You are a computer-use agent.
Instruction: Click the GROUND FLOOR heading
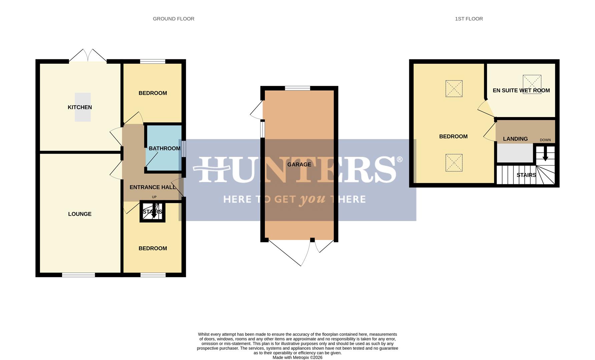pyautogui.click(x=173, y=19)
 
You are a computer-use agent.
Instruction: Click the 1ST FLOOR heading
pyautogui.click(x=469, y=19)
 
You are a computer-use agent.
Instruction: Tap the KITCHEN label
pyautogui.click(x=80, y=107)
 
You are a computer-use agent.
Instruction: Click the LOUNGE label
pyautogui.click(x=80, y=214)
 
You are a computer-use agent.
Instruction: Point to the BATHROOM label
pyautogui.click(x=164, y=149)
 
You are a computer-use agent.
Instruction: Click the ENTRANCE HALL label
pyautogui.click(x=152, y=187)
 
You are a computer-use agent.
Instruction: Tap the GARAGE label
pyautogui.click(x=299, y=165)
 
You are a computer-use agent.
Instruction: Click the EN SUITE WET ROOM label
pyautogui.click(x=521, y=90)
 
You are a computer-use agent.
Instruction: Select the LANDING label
pyautogui.click(x=515, y=139)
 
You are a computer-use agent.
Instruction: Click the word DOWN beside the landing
pyautogui.click(x=545, y=140)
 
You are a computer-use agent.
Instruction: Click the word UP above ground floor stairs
pyautogui.click(x=154, y=197)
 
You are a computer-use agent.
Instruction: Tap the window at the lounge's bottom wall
pyautogui.click(x=78, y=275)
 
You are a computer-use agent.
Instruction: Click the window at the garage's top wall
pyautogui.click(x=297, y=88)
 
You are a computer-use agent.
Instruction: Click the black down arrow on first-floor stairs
pyautogui.click(x=545, y=155)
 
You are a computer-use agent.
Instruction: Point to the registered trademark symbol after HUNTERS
pyautogui.click(x=399, y=160)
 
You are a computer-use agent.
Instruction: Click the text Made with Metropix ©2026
pyautogui.click(x=297, y=357)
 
